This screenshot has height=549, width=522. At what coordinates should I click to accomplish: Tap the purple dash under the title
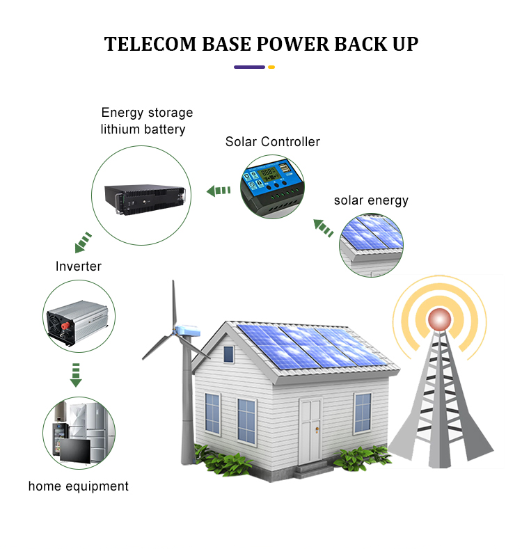coord(249,67)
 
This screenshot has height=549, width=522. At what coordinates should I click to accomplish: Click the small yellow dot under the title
coord(271,67)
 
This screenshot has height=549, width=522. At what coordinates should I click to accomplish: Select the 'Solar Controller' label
coord(272,142)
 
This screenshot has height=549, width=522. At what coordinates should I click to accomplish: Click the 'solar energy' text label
coord(371,200)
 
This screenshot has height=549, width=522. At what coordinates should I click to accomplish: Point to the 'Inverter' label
coord(79,266)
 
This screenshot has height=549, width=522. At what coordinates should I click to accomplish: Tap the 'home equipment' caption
coord(79,486)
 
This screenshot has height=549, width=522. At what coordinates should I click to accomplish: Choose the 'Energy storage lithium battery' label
coord(146,121)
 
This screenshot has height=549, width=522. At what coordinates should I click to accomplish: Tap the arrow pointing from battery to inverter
coord(83,243)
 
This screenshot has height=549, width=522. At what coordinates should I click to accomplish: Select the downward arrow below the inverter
coord(76,374)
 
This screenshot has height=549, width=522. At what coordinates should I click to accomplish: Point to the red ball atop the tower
coord(439,319)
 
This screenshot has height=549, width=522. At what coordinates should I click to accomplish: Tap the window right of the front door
coord(363,413)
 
